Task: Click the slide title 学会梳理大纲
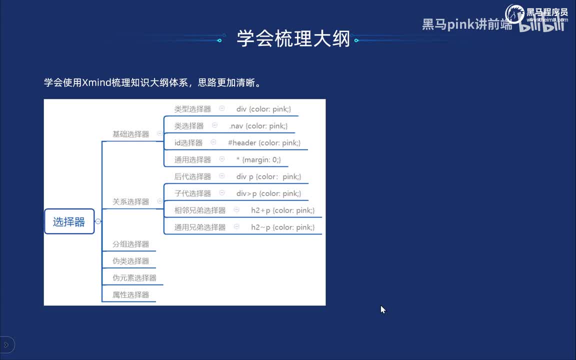pos(293,38)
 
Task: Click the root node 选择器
pos(69,222)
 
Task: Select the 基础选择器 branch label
pos(130,134)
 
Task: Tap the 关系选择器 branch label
pos(130,201)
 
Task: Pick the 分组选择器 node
pos(130,244)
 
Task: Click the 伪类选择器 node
pos(130,261)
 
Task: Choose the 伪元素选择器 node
pos(134,278)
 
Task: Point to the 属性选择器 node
pos(130,295)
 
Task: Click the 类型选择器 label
pos(192,109)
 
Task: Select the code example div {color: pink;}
pos(263,109)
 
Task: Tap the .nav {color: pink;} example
pos(258,126)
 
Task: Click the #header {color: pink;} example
pos(264,143)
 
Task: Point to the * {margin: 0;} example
pos(258,160)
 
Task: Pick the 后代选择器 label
pos(192,176)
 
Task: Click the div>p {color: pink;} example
pos(268,193)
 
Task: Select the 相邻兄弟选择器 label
pos(200,210)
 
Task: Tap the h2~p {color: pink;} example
pos(282,227)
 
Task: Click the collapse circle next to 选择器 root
pos(98,221)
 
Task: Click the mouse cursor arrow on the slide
pos(382,309)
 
